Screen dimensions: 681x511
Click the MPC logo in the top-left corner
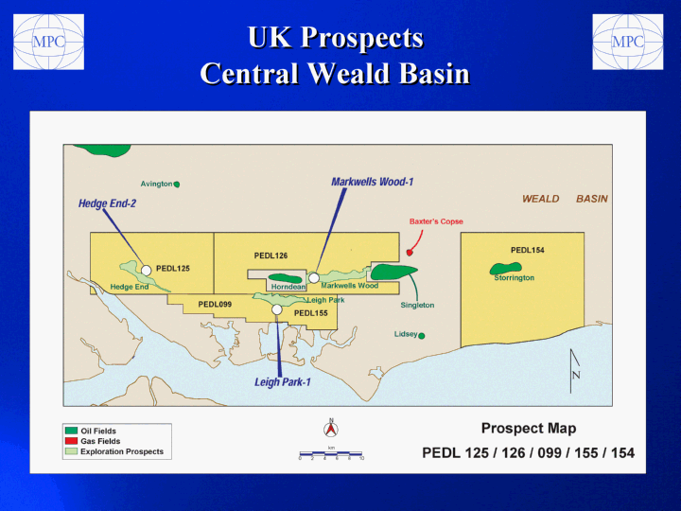[x=48, y=42]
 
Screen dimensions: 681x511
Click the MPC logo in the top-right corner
[x=628, y=42]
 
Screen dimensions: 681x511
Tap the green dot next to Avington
[x=177, y=185]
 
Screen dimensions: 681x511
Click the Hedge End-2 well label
[x=107, y=203]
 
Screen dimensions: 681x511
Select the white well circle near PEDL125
[x=147, y=271]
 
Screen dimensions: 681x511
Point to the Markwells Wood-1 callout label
[x=373, y=182]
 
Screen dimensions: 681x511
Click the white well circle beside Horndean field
[x=314, y=277]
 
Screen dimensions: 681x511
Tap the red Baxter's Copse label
[x=436, y=221]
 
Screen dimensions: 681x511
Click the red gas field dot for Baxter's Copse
[x=410, y=253]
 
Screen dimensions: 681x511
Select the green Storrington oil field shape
[x=505, y=269]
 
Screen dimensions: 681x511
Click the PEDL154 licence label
[x=527, y=250]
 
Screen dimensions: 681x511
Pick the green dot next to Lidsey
[x=421, y=335]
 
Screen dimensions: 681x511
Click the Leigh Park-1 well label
[x=283, y=382]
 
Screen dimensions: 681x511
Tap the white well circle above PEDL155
[x=277, y=309]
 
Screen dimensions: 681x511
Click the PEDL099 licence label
[x=215, y=304]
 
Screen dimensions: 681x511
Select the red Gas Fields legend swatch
[x=71, y=441]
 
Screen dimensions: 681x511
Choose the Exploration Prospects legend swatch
[x=71, y=451]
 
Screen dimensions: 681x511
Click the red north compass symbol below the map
[x=331, y=429]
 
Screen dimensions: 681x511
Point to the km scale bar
[x=331, y=454]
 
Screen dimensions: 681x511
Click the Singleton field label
[x=417, y=305]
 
